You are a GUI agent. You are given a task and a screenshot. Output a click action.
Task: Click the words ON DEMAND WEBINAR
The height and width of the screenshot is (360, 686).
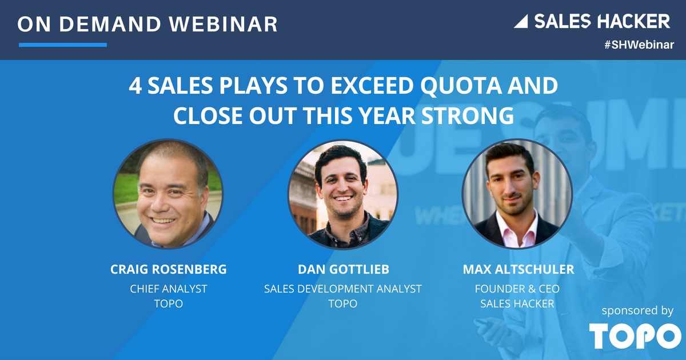[x=147, y=24]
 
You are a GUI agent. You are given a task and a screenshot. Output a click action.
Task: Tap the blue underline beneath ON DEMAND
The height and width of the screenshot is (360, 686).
[x=63, y=45]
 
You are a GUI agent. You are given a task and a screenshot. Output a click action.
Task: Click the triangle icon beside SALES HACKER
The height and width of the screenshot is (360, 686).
[x=521, y=22]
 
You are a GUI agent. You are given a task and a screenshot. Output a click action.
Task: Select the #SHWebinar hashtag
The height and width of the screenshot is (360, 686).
[x=639, y=45]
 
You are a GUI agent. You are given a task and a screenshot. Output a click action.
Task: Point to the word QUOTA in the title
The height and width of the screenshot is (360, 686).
[x=461, y=86]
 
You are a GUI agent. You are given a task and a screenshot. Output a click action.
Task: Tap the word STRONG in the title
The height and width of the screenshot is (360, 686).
[x=468, y=115]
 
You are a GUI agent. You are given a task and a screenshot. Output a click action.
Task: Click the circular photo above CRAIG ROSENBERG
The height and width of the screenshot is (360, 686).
[x=168, y=194]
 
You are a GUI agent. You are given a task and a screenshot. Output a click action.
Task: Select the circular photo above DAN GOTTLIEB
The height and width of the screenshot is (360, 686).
[x=343, y=194]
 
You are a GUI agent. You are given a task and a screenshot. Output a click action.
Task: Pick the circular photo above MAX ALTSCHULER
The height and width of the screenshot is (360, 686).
[x=517, y=194]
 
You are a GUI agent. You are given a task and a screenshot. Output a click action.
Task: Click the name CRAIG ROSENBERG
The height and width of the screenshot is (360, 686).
[x=169, y=269]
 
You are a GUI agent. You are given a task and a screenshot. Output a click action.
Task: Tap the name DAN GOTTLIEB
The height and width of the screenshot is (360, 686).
[x=344, y=269]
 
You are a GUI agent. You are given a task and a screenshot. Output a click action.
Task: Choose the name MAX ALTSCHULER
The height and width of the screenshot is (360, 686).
[x=518, y=269]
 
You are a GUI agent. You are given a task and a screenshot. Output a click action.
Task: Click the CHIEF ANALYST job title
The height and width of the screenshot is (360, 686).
[x=169, y=289]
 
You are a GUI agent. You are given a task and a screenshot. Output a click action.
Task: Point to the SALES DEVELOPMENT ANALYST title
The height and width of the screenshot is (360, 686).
[x=342, y=289]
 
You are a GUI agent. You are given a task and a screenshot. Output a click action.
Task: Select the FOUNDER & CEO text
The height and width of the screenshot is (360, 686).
[x=517, y=289]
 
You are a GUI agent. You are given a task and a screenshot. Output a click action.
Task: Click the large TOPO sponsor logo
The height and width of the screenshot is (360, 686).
[x=635, y=336]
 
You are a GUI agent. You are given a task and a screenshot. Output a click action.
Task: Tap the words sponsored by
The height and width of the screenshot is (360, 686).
[x=637, y=311]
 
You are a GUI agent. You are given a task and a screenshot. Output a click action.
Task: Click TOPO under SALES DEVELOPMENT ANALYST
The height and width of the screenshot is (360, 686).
[x=342, y=303]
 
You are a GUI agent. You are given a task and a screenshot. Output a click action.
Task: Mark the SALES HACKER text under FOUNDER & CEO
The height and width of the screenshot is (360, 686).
[x=517, y=303]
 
